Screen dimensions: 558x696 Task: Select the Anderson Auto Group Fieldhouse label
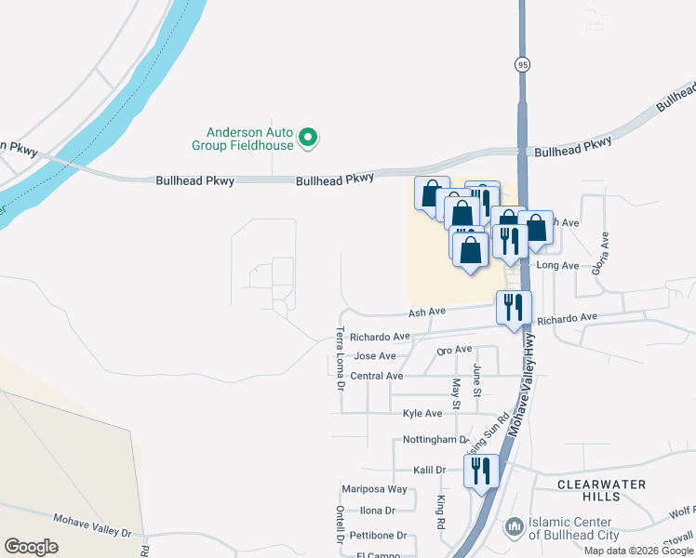pyautogui.click(x=243, y=139)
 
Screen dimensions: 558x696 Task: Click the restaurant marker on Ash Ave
pyautogui.click(x=514, y=308)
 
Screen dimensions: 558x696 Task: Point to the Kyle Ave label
pyautogui.click(x=422, y=413)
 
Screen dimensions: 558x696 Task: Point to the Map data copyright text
pyautogui.click(x=638, y=551)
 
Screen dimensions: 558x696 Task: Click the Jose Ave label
pyautogui.click(x=375, y=355)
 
